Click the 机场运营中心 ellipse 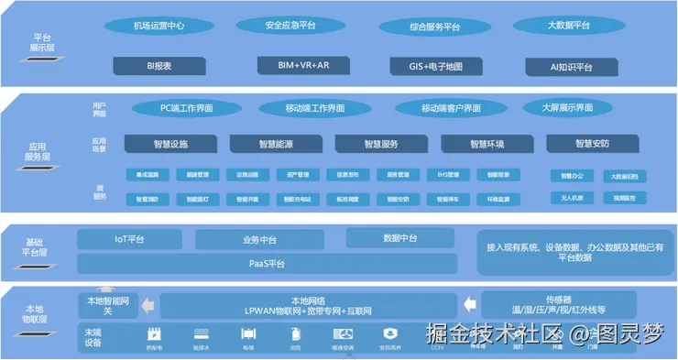[x=159, y=26]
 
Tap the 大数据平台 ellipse [x=568, y=26]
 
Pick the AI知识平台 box [x=572, y=67]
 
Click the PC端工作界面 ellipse [x=186, y=108]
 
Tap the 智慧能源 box [x=276, y=144]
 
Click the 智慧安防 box [x=592, y=144]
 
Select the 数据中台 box [x=400, y=239]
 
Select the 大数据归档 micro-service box [x=625, y=175]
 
